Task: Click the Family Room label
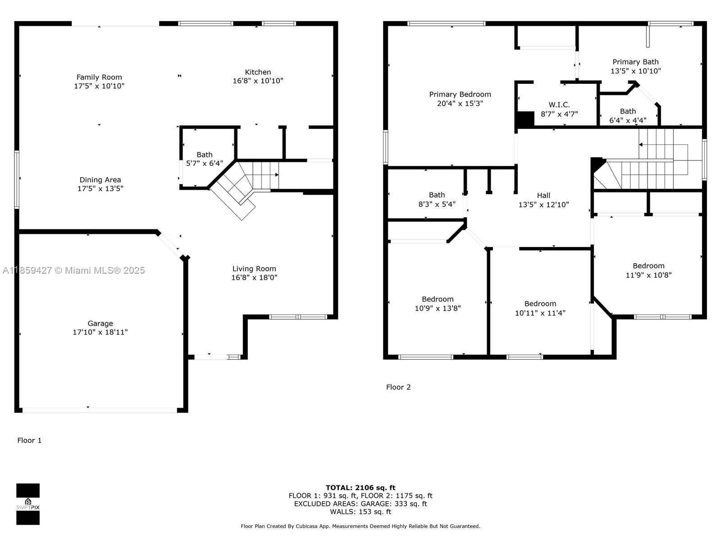(99, 77)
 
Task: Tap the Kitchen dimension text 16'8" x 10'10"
(258, 81)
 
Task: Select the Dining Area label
(100, 180)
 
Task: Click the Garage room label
(100, 323)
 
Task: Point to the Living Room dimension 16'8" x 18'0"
(254, 278)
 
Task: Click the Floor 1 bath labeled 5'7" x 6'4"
(204, 159)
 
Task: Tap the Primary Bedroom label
(460, 94)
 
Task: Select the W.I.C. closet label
(559, 105)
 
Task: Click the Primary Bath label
(635, 62)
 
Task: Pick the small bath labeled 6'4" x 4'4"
(628, 116)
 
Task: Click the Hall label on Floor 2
(543, 195)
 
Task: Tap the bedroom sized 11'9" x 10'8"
(648, 270)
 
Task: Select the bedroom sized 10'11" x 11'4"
(540, 308)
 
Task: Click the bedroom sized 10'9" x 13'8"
(438, 304)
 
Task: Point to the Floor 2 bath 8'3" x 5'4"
(437, 199)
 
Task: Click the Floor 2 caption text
(398, 387)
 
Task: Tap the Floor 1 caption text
(29, 440)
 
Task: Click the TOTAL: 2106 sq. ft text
(360, 487)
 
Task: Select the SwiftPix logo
(28, 504)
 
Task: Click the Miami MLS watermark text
(74, 270)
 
